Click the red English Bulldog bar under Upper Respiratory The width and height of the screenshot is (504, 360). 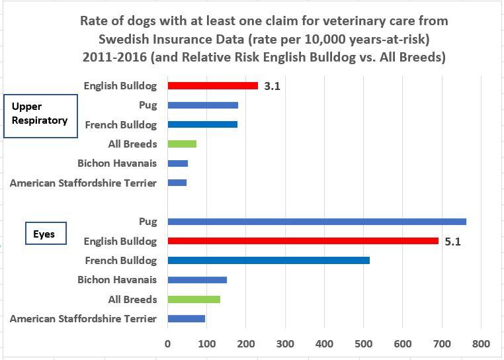click(212, 85)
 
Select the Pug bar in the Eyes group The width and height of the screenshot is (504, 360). click(317, 222)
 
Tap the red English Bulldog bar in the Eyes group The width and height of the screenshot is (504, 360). click(303, 241)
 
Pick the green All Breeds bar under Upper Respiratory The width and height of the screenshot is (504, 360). click(182, 144)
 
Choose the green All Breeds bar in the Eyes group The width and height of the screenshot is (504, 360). click(194, 299)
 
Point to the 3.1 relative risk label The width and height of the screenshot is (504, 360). click(272, 86)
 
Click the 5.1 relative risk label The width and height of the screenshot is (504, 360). click(452, 242)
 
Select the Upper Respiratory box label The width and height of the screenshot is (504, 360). click(40, 114)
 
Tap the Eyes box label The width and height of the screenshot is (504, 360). click(44, 234)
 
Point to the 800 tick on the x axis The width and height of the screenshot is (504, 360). click(481, 343)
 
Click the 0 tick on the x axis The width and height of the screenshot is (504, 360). click(168, 343)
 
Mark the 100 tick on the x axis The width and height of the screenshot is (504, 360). click(206, 343)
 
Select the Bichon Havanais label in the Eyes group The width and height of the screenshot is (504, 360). click(117, 280)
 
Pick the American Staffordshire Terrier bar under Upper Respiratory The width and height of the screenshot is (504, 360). click(177, 183)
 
